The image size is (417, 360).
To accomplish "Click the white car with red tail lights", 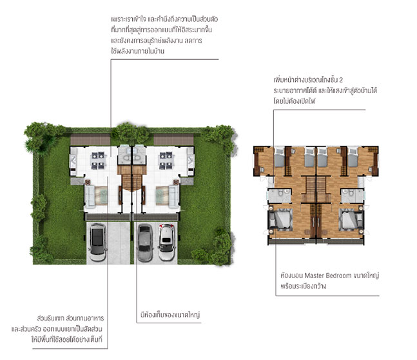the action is tap(166, 242).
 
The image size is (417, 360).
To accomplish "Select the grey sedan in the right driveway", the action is tap(144, 243).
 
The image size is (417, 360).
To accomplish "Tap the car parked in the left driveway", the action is tap(97, 242).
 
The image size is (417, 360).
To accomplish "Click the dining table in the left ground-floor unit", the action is tap(98, 160).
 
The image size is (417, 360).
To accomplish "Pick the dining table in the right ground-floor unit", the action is tap(166, 160).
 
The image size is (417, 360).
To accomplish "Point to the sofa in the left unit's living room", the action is tap(90, 196).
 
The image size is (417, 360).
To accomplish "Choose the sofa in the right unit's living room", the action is tap(174, 196).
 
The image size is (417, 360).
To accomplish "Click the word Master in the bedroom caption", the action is tap(314, 275).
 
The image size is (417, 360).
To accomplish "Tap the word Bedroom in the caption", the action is tap(339, 275).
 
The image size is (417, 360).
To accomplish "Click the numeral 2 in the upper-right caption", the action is tap(341, 80).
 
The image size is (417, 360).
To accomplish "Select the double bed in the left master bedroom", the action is tap(282, 219).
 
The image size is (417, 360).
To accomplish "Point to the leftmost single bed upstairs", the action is tap(279, 157).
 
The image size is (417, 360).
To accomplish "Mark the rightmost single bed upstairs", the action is tap(353, 157).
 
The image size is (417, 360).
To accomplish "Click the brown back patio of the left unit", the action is tap(90, 139).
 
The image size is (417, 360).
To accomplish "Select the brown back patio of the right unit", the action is tap(173, 139).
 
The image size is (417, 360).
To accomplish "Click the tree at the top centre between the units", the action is tap(131, 133).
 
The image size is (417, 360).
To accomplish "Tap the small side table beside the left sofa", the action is tap(88, 182).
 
